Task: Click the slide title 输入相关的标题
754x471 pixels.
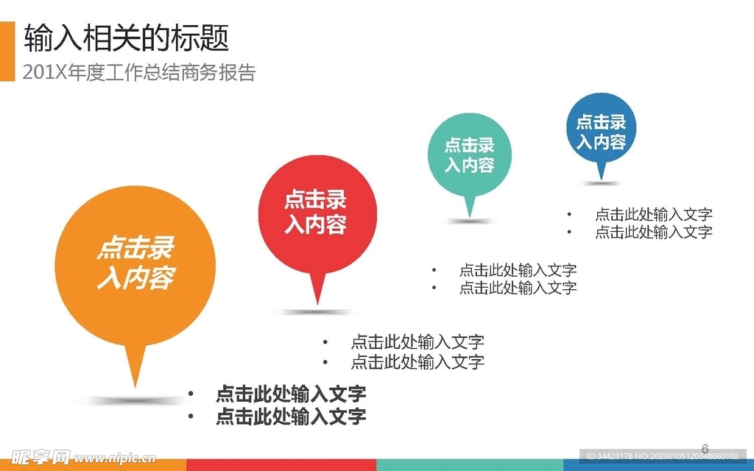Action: (x=127, y=38)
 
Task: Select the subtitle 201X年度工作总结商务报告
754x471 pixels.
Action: (x=139, y=73)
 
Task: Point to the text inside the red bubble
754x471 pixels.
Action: (x=315, y=212)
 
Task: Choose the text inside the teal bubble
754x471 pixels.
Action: (x=469, y=155)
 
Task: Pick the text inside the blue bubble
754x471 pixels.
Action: (x=601, y=132)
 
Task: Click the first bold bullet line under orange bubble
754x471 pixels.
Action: (x=290, y=393)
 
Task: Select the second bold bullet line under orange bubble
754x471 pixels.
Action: (x=290, y=417)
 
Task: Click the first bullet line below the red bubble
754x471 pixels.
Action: (x=417, y=341)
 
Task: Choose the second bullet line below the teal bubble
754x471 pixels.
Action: (x=518, y=288)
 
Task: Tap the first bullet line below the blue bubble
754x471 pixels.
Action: (x=653, y=214)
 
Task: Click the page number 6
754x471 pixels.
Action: (x=705, y=448)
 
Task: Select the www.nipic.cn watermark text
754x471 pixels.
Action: (x=115, y=457)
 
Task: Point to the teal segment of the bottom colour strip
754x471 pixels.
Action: (x=470, y=465)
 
